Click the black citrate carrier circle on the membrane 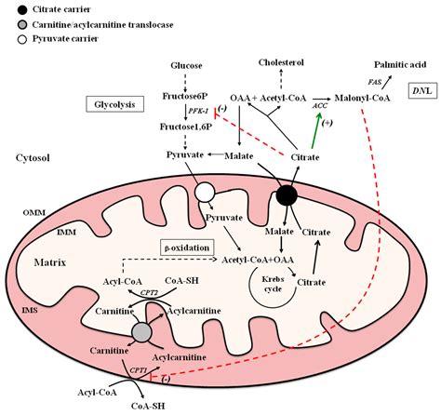pyautogui.click(x=287, y=195)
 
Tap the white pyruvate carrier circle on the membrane pyautogui.click(x=205, y=193)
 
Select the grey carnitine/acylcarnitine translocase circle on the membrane pyautogui.click(x=141, y=332)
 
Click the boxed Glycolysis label pyautogui.click(x=114, y=104)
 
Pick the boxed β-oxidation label pyautogui.click(x=187, y=248)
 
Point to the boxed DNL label pyautogui.click(x=422, y=90)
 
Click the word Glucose pyautogui.click(x=186, y=65)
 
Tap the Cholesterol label pyautogui.click(x=281, y=62)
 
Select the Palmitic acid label pyautogui.click(x=400, y=64)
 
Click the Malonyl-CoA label pyautogui.click(x=362, y=98)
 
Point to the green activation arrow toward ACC pyautogui.click(x=315, y=131)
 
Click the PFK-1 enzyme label pyautogui.click(x=198, y=111)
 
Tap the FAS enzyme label pyautogui.click(x=375, y=82)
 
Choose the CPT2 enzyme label pyautogui.click(x=148, y=292)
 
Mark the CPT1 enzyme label pyautogui.click(x=138, y=370)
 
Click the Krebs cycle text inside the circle pyautogui.click(x=273, y=284)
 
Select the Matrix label pyautogui.click(x=50, y=262)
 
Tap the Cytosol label pyautogui.click(x=33, y=158)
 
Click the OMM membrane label pyautogui.click(x=34, y=213)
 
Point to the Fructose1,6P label pyautogui.click(x=186, y=127)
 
